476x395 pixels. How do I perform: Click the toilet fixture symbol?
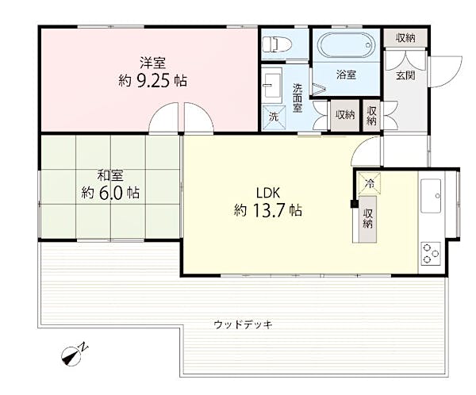[276, 44]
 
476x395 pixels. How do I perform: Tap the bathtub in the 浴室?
[346, 45]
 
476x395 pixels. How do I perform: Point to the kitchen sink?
[431, 196]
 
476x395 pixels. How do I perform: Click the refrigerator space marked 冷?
[369, 182]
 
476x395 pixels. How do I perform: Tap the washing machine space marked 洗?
[274, 117]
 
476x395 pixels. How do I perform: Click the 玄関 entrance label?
[405, 75]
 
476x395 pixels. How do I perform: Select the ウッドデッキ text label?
[244, 324]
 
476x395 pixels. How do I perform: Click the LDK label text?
[268, 193]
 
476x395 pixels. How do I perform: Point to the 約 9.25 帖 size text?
[152, 81]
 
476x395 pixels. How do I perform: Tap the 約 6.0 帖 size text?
[110, 193]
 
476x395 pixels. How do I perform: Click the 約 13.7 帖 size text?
[268, 210]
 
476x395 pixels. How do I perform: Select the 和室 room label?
[110, 176]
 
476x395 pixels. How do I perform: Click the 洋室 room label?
[152, 63]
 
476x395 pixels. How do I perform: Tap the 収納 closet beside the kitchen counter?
[367, 219]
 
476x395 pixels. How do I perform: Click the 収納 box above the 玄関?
[405, 38]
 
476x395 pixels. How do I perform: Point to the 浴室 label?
[346, 75]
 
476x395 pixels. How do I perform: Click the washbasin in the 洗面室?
[272, 82]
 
